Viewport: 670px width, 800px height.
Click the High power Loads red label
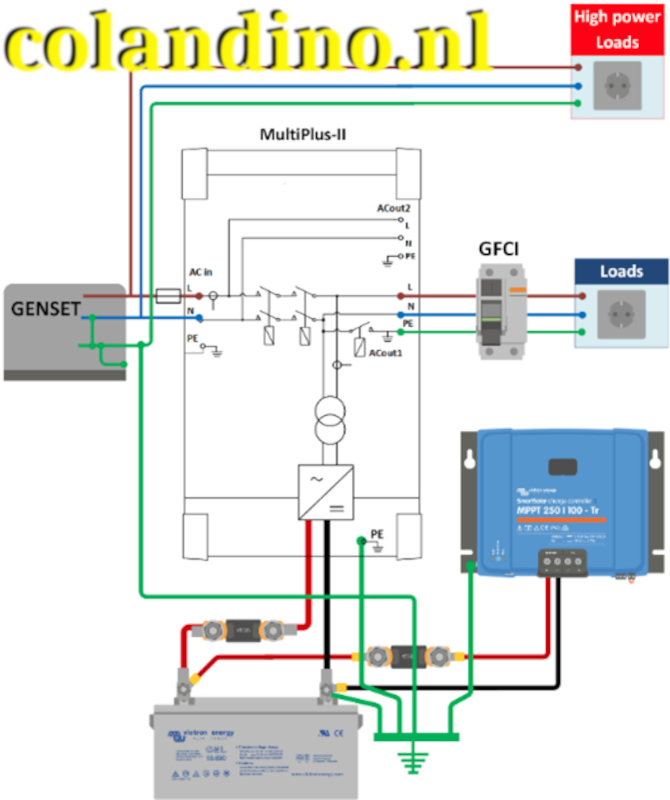[617, 29]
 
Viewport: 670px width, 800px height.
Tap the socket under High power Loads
[617, 87]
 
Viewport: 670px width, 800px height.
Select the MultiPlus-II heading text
[303, 134]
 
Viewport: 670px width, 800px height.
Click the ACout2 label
[392, 208]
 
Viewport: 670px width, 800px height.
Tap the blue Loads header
[620, 272]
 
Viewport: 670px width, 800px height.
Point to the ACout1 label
[385, 354]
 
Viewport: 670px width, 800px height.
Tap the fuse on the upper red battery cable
[240, 631]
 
